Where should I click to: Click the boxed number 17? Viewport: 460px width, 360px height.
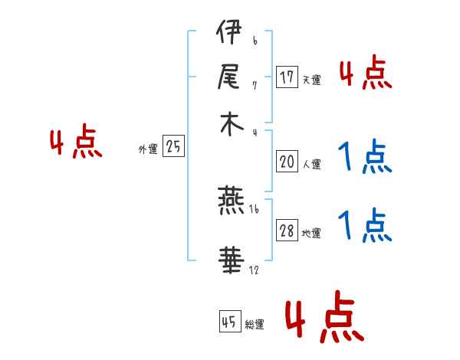coord(287,77)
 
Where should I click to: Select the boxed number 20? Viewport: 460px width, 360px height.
coord(287,162)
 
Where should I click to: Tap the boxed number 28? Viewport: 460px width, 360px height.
coord(287,231)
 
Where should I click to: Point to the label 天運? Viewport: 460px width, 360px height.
coord(311,80)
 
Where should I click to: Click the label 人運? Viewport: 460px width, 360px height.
coord(311,164)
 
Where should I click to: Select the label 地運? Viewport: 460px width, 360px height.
coord(311,234)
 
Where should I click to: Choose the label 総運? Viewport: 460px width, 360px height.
coord(255,325)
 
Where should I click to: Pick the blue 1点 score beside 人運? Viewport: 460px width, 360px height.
coord(365,159)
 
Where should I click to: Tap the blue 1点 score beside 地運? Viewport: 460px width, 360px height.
coord(365,226)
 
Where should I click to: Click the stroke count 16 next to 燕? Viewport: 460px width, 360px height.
coord(254,209)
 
